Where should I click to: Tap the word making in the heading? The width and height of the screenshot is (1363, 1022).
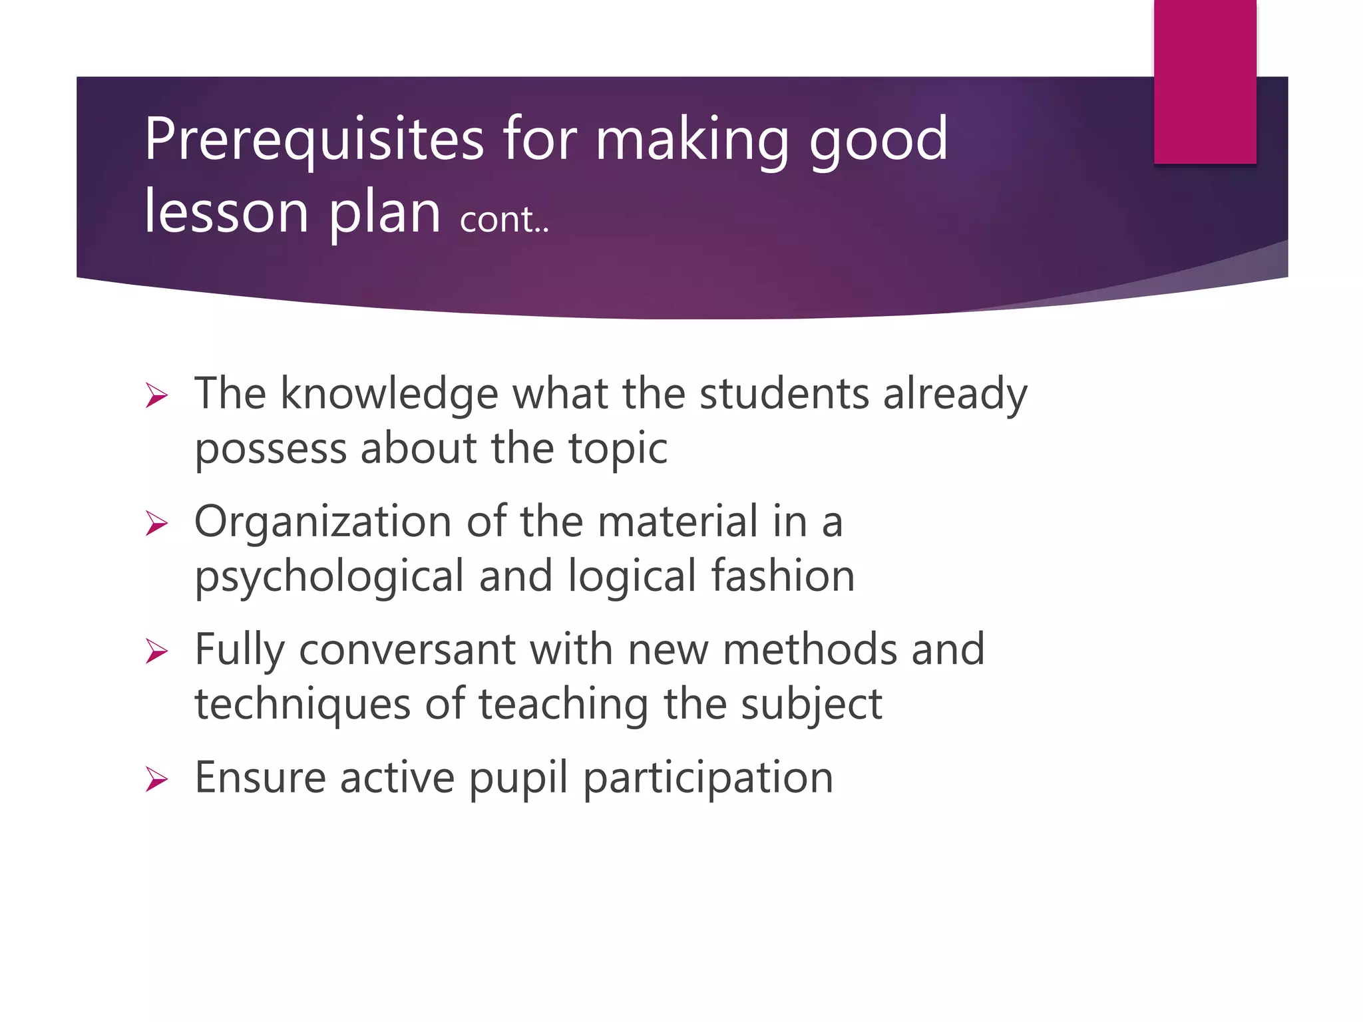pos(691,140)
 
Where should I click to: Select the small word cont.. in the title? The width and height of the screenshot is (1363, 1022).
pos(504,220)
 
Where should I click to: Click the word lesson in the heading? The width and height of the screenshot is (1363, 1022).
pos(226,212)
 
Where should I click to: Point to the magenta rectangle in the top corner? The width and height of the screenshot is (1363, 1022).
pos(1205,81)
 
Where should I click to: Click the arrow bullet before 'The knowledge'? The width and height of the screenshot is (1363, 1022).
pos(157,396)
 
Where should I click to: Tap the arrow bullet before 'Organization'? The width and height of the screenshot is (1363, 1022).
pos(157,524)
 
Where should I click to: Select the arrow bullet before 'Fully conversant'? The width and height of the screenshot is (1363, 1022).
pos(157,651)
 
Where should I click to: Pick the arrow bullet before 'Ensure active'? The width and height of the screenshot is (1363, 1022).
pos(157,779)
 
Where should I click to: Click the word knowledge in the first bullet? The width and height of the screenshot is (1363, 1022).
pos(389,394)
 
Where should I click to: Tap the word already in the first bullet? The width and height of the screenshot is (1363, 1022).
pos(955,394)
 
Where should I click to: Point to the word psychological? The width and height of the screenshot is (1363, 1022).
pos(329,578)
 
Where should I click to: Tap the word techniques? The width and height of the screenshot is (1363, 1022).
pos(302,705)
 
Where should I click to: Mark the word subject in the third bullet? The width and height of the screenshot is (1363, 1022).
pos(811,705)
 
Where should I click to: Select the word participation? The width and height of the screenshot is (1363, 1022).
pos(708,778)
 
